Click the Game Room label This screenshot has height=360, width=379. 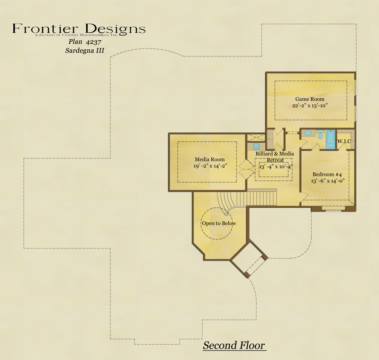pyautogui.click(x=310, y=99)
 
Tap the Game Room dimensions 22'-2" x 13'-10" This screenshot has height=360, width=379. pyautogui.click(x=310, y=105)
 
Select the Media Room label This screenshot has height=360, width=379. pyautogui.click(x=209, y=159)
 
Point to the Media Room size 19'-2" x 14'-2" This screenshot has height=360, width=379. pyautogui.click(x=210, y=166)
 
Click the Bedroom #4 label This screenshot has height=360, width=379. pyautogui.click(x=327, y=174)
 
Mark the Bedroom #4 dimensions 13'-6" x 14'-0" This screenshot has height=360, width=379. pyautogui.click(x=327, y=181)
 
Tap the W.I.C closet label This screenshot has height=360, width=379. pyautogui.click(x=344, y=141)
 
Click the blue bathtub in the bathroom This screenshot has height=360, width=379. pyautogui.click(x=331, y=139)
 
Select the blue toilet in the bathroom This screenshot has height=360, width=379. pyautogui.click(x=320, y=134)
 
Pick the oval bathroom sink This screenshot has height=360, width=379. pyautogui.click(x=307, y=133)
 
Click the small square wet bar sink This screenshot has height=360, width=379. pyautogui.click(x=256, y=146)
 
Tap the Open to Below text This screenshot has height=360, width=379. pyautogui.click(x=219, y=223)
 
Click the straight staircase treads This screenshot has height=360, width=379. pyautogui.click(x=262, y=198)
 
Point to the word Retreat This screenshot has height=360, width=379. pyautogui.click(x=275, y=160)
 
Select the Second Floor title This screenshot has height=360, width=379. pyautogui.click(x=234, y=345)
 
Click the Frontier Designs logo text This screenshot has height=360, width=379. pyautogui.click(x=79, y=29)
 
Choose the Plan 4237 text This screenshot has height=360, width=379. pyautogui.click(x=85, y=42)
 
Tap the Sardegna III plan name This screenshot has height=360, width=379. pyautogui.click(x=85, y=51)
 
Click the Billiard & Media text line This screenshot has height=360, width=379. pyautogui.click(x=275, y=154)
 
